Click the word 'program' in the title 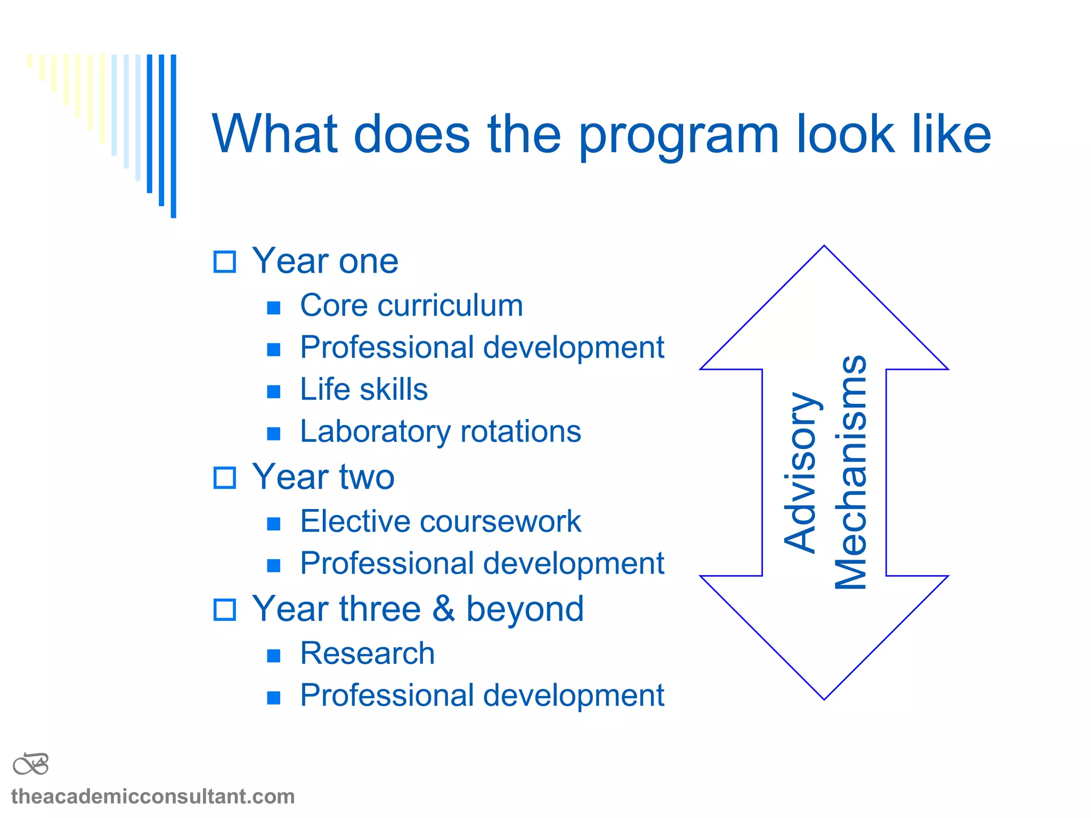679,136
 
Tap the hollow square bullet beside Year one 224,261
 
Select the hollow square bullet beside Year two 224,478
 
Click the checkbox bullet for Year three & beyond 224,610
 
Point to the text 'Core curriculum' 411,306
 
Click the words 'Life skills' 364,389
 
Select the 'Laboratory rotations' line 440,431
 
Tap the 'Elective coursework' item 440,521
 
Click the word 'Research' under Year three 367,653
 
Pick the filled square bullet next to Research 274,656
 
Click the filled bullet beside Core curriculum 274,308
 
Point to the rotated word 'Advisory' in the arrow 801,472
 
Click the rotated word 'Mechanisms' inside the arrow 851,472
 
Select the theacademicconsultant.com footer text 153,797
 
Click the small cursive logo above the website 31,765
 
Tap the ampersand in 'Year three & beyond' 443,609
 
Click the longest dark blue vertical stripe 173,136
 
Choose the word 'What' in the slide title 275,134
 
